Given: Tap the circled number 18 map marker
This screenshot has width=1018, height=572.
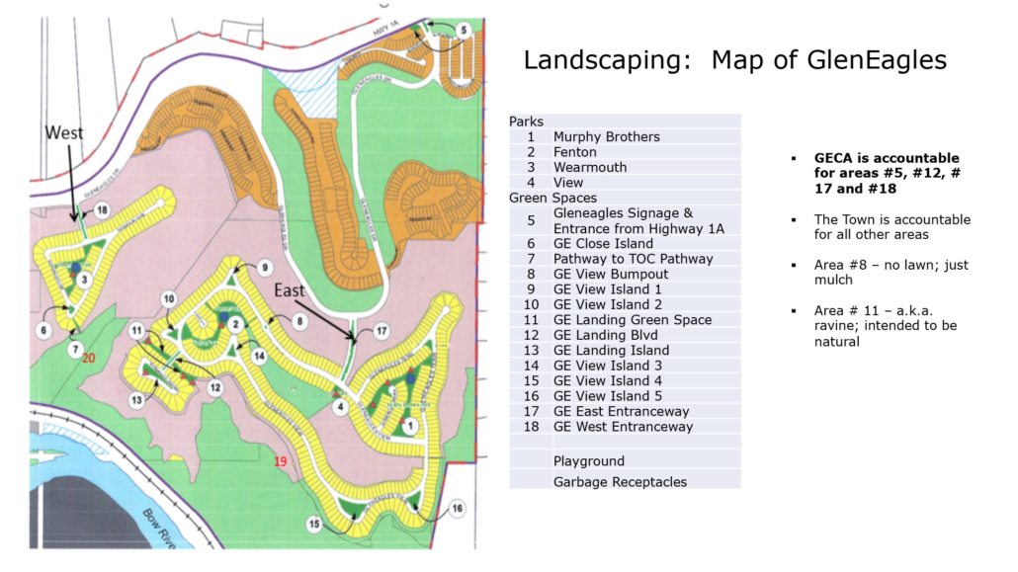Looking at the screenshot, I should pyautogui.click(x=102, y=207).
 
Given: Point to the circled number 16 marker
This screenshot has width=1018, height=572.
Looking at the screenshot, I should pyautogui.click(x=458, y=509).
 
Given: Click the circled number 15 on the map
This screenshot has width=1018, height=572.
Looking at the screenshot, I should pyautogui.click(x=314, y=524).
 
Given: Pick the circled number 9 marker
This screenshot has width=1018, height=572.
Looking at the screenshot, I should pyautogui.click(x=264, y=269).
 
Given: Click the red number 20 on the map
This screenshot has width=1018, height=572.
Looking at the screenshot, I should pyautogui.click(x=89, y=358).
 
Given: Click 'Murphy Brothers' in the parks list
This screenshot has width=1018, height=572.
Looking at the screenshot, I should pyautogui.click(x=606, y=136).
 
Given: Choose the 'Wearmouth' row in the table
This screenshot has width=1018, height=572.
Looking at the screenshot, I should pyautogui.click(x=589, y=167).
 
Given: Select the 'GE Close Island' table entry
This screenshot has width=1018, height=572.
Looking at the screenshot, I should pyautogui.click(x=603, y=243).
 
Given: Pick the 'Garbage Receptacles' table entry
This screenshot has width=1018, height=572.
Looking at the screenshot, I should pyautogui.click(x=620, y=481).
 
